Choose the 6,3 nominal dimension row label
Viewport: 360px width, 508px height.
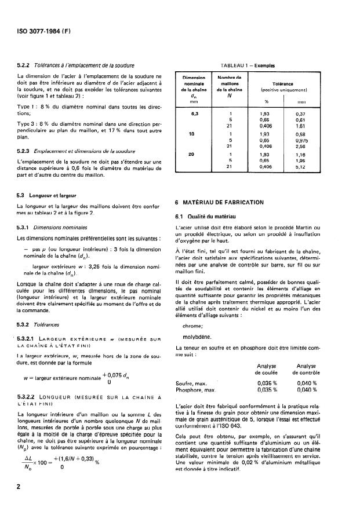(195, 113)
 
